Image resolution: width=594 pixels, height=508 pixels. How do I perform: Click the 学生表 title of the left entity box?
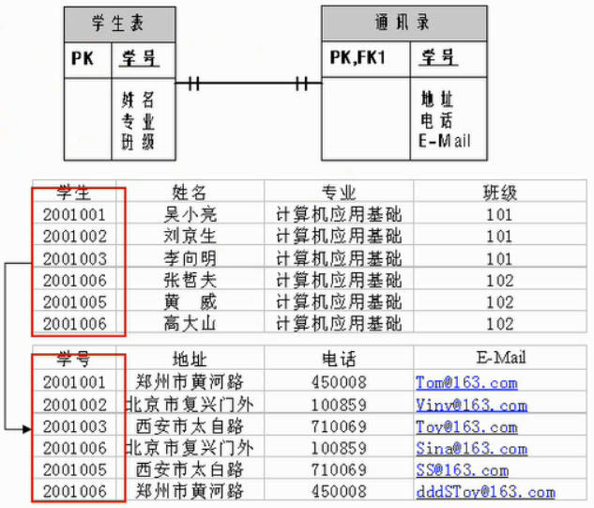click(118, 23)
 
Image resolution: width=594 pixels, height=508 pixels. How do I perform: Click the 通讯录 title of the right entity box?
click(403, 22)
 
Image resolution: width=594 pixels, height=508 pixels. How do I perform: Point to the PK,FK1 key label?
click(358, 58)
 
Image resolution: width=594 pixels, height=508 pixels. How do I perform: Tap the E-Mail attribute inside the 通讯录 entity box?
click(445, 141)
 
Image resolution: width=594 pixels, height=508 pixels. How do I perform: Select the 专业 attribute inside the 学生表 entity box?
click(138, 122)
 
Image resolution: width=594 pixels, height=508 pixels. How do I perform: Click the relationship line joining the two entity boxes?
click(249, 83)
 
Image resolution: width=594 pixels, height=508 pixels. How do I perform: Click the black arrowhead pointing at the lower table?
click(26, 429)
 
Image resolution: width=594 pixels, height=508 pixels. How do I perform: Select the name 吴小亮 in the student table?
click(190, 214)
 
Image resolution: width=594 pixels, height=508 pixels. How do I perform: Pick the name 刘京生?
click(190, 236)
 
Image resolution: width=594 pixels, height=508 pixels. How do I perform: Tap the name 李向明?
click(190, 258)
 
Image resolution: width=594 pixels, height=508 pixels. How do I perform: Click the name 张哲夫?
click(190, 280)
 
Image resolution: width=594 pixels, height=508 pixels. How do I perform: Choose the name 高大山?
click(190, 323)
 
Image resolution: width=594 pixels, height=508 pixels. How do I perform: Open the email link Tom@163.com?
click(466, 383)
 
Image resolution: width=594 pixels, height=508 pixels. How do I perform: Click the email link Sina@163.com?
click(472, 449)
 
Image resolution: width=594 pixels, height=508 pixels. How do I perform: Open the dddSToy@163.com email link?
click(486, 492)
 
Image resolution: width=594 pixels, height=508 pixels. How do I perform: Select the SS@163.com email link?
click(463, 470)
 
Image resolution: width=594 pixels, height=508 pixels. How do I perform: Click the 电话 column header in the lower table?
click(339, 359)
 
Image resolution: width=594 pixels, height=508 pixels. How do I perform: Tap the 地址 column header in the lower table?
click(190, 359)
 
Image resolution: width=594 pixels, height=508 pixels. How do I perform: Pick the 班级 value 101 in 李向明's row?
click(499, 258)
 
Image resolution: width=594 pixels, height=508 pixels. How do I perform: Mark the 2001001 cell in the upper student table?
click(74, 215)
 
